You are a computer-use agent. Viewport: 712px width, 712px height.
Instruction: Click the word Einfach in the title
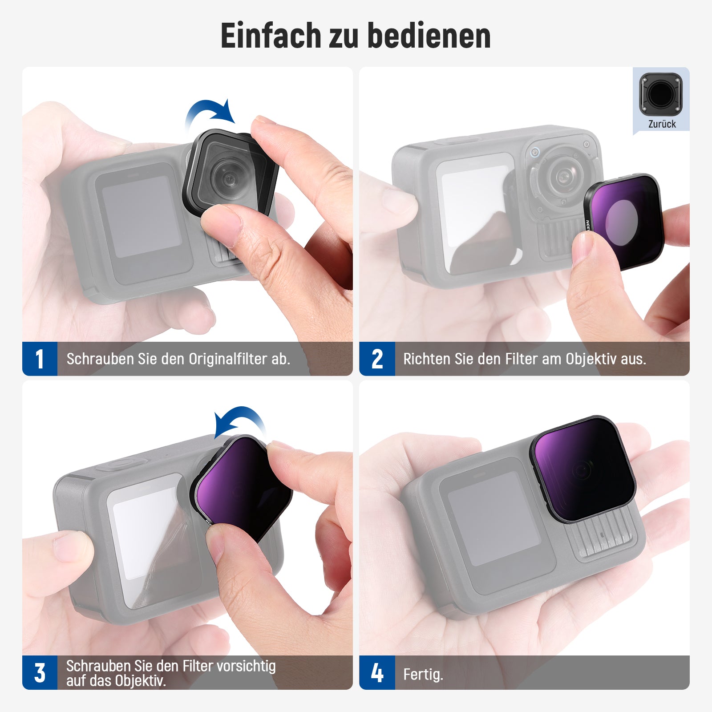[x=271, y=36]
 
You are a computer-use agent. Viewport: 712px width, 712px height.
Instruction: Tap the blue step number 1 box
[x=40, y=359]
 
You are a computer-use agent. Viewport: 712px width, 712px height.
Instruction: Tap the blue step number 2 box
[x=377, y=359]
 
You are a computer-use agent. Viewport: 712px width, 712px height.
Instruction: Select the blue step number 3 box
[x=40, y=672]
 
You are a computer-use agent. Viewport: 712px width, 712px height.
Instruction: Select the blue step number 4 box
[x=377, y=672]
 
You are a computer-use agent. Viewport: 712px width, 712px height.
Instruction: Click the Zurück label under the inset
[x=662, y=124]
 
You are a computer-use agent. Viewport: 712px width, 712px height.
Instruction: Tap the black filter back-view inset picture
[x=661, y=94]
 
